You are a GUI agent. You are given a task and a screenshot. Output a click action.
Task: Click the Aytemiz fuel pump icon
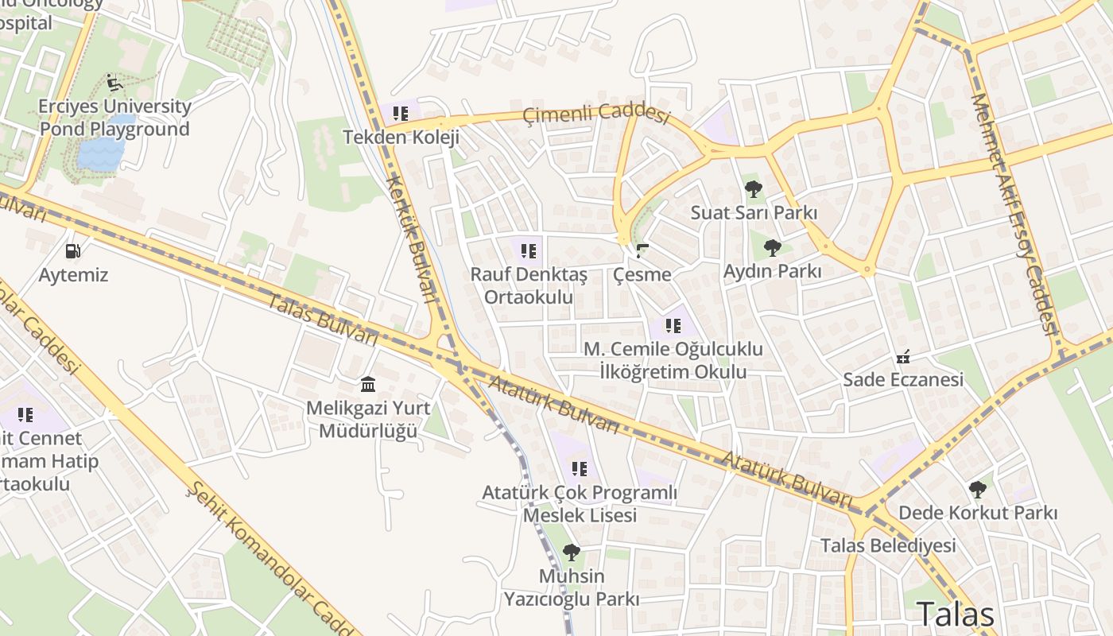(72, 251)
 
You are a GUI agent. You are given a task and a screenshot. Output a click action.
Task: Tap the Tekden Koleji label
(401, 137)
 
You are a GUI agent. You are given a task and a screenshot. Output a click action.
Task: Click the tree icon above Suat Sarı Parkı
(753, 189)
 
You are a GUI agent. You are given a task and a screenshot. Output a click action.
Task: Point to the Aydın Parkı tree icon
(772, 248)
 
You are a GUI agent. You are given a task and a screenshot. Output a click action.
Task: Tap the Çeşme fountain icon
(642, 251)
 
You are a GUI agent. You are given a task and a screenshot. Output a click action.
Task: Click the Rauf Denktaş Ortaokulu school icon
(529, 252)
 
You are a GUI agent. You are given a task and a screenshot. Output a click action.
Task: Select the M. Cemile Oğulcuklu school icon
(673, 325)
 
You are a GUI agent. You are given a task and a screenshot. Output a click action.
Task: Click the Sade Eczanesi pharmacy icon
(902, 357)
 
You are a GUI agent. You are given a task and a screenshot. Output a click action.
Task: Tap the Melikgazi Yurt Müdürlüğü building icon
(368, 385)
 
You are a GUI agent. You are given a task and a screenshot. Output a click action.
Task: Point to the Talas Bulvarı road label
(321, 319)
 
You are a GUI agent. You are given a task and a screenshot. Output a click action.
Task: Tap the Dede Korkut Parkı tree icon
(977, 489)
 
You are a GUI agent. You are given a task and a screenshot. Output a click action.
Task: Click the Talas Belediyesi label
(888, 545)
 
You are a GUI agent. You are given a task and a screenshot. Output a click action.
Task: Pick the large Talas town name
(955, 615)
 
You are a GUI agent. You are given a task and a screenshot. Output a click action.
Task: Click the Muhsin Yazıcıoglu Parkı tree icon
(571, 552)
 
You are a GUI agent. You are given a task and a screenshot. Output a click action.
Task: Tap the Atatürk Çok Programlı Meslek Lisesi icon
(580, 469)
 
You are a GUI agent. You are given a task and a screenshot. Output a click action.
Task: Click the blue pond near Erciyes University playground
(100, 153)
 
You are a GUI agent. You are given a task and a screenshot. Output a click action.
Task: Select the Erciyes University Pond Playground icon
(114, 83)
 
